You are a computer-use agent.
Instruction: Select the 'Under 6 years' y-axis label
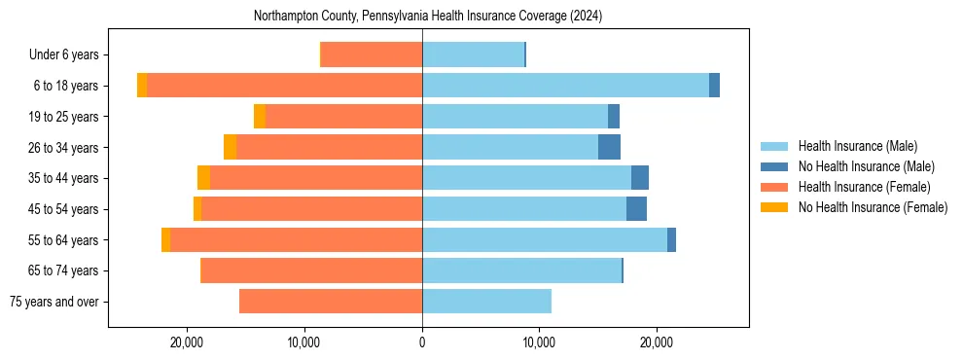coord(69,54)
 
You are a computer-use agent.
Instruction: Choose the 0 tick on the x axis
coord(422,342)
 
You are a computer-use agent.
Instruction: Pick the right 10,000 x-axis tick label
coord(538,342)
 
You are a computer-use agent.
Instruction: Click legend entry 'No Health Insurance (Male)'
coord(865,167)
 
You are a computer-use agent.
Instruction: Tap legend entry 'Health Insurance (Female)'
coord(863,187)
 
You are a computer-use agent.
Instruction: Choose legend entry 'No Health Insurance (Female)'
coord(872,207)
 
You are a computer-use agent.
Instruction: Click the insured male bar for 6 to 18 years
coord(565,86)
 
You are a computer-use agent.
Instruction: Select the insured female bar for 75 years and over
coord(331,302)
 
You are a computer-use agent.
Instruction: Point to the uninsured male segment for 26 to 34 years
coord(609,147)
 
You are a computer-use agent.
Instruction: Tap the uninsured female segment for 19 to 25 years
coord(260,116)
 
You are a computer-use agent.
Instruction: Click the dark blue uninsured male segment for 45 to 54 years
coord(636,208)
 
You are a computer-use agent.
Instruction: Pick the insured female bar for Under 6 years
coord(372,54)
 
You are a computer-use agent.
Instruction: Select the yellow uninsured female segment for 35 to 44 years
coord(203,178)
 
